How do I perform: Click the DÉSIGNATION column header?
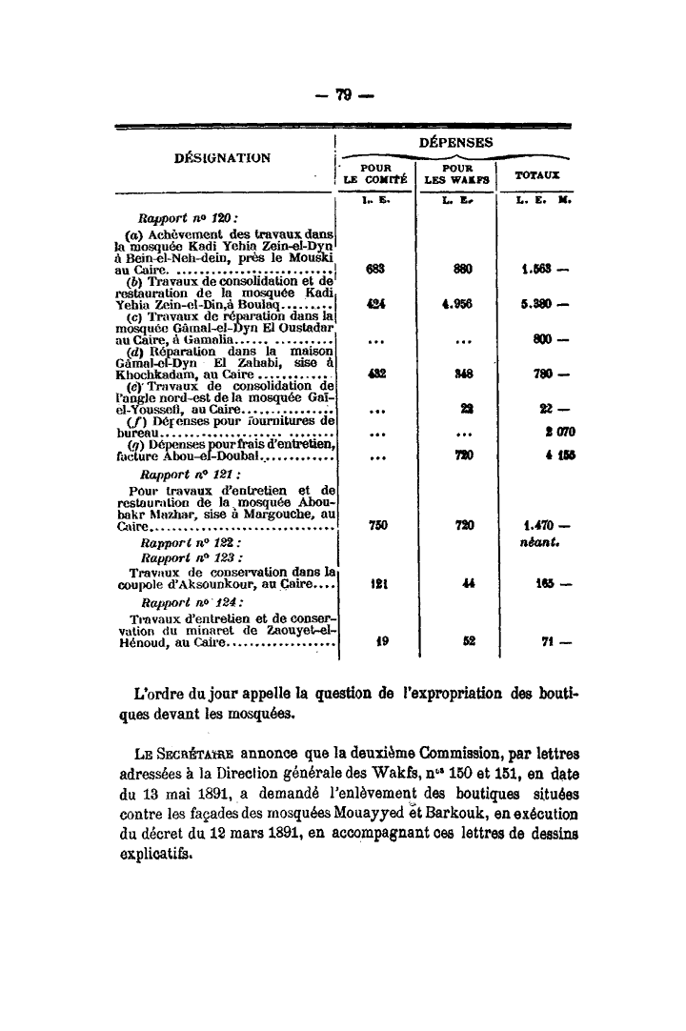223,157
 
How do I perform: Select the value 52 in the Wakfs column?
468,641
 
